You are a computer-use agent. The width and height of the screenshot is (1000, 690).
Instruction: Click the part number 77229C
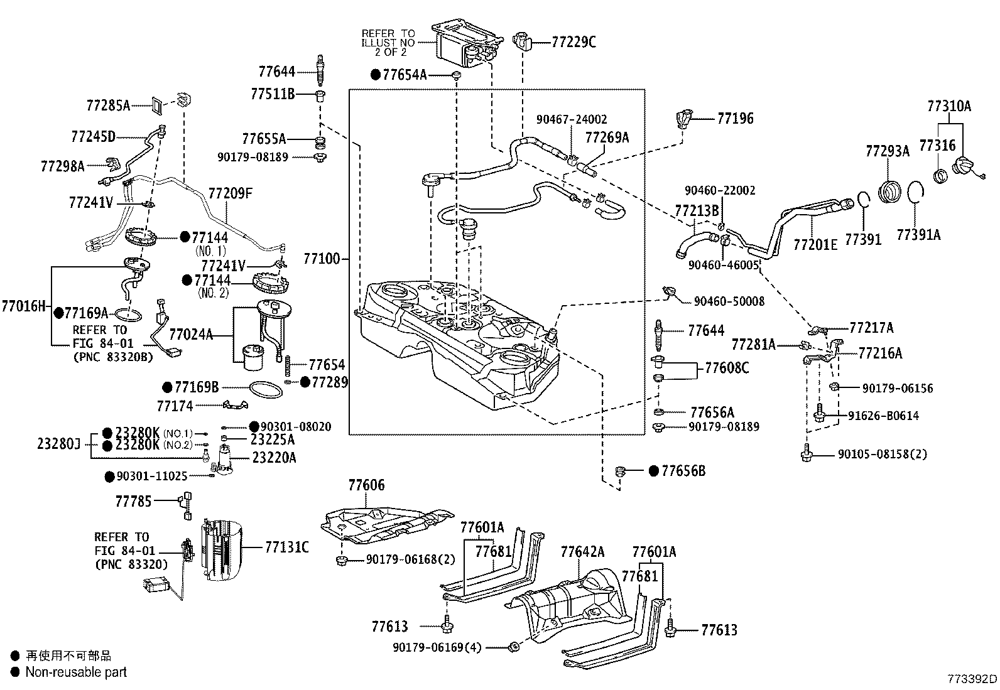(573, 42)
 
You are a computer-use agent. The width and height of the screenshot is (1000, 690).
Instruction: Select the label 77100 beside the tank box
(321, 259)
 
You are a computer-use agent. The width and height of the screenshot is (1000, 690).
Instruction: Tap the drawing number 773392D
(972, 679)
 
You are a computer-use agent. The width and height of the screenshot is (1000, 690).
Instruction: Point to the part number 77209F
(230, 193)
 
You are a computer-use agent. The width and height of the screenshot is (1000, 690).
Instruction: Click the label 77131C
(286, 547)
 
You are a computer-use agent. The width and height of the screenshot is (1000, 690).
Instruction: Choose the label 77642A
(582, 552)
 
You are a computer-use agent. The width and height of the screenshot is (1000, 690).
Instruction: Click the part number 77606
(366, 485)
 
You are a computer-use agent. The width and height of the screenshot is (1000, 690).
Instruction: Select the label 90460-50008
(729, 301)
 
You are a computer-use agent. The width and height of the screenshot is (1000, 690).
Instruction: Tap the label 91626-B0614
(883, 416)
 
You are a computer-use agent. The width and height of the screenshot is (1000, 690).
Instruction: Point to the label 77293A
(887, 151)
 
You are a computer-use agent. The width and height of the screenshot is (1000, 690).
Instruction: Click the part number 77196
(735, 118)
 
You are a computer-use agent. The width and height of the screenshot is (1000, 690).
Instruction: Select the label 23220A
(274, 458)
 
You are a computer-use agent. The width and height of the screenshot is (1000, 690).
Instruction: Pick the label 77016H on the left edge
(23, 306)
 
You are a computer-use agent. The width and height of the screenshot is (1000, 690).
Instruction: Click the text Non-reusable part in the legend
(76, 672)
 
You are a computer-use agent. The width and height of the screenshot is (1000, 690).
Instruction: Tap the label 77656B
(683, 471)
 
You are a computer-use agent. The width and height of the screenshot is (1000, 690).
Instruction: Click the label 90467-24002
(572, 119)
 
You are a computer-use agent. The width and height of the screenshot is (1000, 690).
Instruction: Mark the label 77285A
(108, 105)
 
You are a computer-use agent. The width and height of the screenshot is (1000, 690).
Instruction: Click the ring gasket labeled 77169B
(266, 391)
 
